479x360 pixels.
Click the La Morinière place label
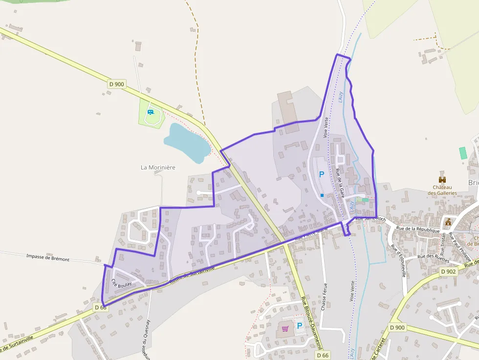[x=158, y=167]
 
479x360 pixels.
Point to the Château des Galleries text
[x=442, y=190]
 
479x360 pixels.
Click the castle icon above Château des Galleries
[x=442, y=179]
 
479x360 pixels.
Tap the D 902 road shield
[x=448, y=271]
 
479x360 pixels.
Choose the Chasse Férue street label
[x=324, y=296]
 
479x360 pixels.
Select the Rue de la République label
[x=418, y=229]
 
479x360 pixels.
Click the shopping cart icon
[x=285, y=328]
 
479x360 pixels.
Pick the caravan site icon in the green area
[x=151, y=112]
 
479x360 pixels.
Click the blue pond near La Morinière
[x=186, y=142]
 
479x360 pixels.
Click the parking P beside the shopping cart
[x=300, y=325]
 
